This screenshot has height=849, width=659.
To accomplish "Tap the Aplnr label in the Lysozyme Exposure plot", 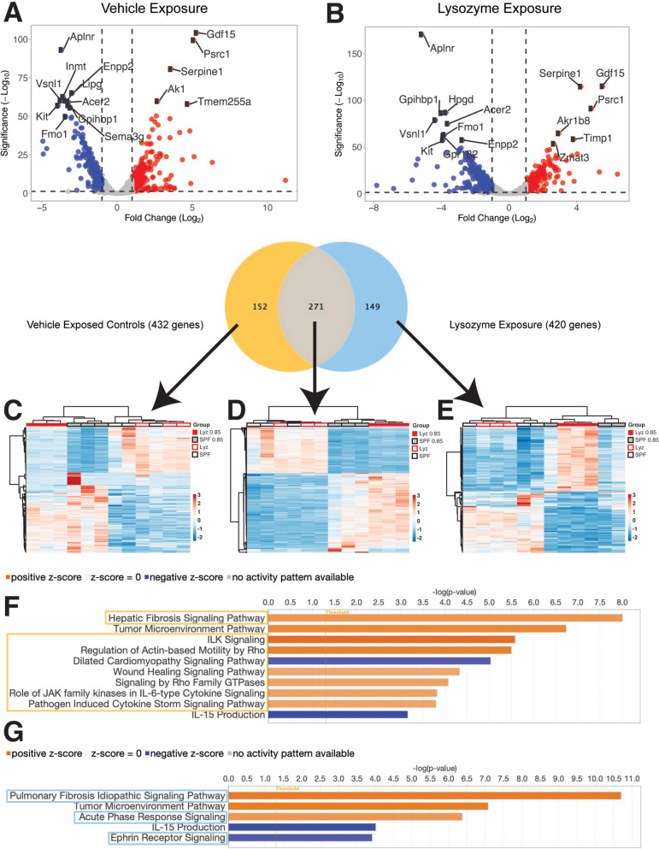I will click(443, 49).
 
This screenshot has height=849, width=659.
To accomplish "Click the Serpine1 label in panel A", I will click(202, 71).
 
